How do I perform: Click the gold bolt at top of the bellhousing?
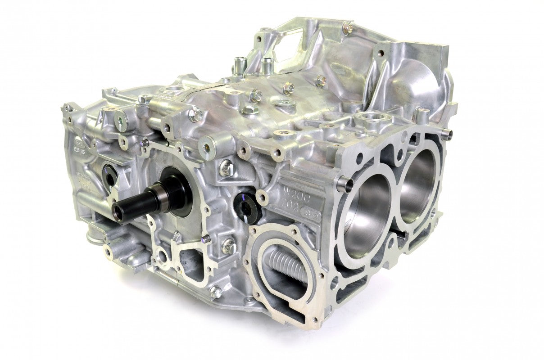348,29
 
